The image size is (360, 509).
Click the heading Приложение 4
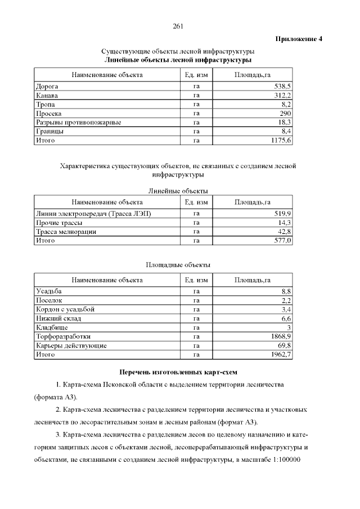click(299, 39)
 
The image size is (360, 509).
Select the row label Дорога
click(47, 87)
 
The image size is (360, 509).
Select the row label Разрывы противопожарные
click(79, 122)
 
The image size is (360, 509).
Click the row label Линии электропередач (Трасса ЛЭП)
click(93, 214)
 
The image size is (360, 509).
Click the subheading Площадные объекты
click(178, 264)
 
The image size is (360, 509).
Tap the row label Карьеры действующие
click(71, 345)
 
